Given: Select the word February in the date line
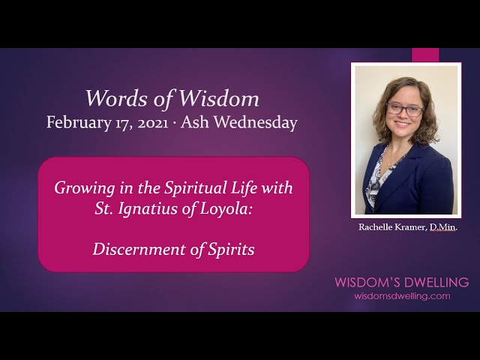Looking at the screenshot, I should [x=77, y=122].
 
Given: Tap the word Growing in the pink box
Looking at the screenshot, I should [x=82, y=188].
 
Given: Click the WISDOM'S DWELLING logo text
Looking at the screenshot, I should [x=401, y=283].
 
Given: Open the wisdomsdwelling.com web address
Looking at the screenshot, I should [x=402, y=296].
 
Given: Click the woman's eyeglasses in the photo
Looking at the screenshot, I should [x=404, y=109].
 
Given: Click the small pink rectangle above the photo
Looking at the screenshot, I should [x=425, y=55].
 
